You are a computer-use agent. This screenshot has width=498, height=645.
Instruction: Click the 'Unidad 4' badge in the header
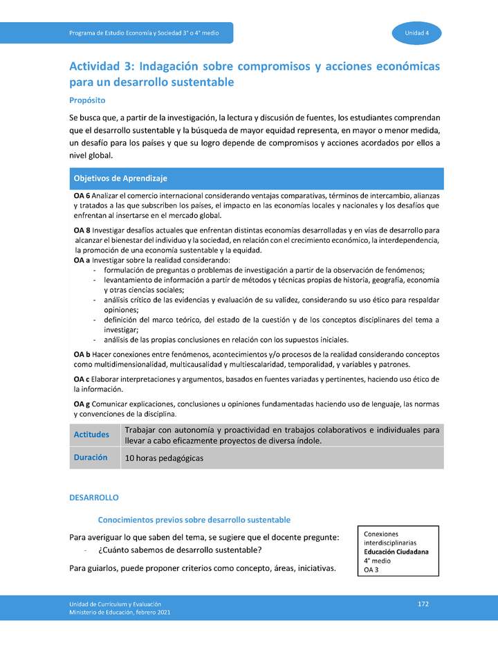click(417, 33)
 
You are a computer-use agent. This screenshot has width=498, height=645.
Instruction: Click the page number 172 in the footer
click(423, 604)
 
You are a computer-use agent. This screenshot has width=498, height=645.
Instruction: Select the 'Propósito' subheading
click(86, 100)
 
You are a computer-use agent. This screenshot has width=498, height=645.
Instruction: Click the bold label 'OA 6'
click(82, 196)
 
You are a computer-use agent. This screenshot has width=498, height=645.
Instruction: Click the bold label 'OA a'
click(82, 260)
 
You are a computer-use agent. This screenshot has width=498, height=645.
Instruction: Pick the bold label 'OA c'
click(82, 379)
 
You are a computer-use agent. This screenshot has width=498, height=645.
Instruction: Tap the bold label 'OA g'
click(82, 403)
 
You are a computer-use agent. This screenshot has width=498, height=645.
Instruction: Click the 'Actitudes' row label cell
click(91, 435)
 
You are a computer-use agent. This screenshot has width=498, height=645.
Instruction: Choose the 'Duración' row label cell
click(91, 457)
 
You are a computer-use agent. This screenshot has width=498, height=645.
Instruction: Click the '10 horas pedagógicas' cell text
click(164, 458)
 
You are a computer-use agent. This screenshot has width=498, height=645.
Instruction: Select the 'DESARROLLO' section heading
click(94, 498)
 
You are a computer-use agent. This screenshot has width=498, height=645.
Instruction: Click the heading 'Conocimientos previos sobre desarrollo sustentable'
click(194, 520)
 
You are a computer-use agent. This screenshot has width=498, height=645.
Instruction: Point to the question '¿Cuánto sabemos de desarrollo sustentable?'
click(180, 550)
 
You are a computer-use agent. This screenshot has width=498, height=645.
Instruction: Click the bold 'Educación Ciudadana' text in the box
click(396, 552)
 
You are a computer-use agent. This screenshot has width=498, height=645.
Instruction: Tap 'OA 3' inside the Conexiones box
click(371, 570)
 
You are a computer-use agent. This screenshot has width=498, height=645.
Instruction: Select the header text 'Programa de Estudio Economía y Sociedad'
click(138, 33)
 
